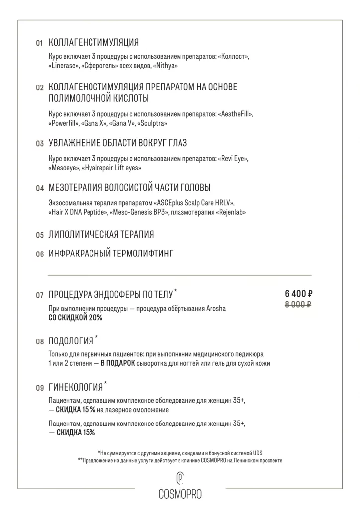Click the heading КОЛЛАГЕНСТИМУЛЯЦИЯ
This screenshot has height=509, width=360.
(94, 42)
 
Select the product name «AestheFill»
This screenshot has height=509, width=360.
(235, 114)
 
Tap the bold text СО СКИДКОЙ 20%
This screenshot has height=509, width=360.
(76, 317)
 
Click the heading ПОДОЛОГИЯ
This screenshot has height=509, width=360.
(71, 341)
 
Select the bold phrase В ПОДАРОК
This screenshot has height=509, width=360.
(118, 363)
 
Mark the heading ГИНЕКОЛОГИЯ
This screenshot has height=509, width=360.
(76, 387)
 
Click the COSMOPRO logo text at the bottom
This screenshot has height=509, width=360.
(180, 494)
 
